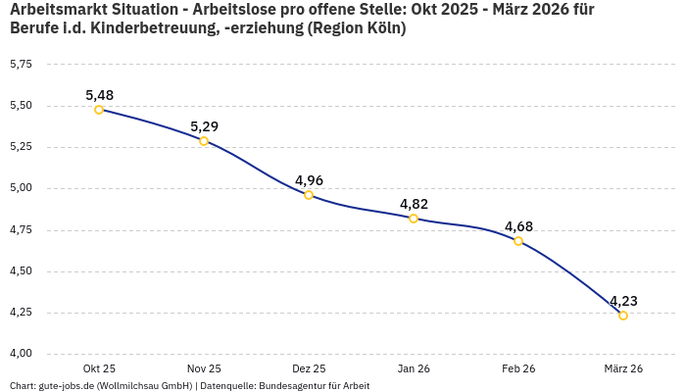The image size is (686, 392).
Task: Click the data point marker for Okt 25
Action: pyautogui.click(x=99, y=110)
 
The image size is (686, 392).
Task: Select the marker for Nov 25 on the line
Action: pyautogui.click(x=204, y=141)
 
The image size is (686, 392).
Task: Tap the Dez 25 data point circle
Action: pyautogui.click(x=309, y=195)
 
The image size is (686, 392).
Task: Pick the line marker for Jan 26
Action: pyautogui.click(x=414, y=219)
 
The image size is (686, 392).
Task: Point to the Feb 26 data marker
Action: pyautogui.click(x=518, y=241)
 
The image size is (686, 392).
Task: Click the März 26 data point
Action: pyautogui.click(x=623, y=316)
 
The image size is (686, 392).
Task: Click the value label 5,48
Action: pyautogui.click(x=99, y=95)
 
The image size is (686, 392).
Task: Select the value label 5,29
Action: pyautogui.click(x=204, y=126)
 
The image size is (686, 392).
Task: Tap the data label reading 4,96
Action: pyautogui.click(x=309, y=180)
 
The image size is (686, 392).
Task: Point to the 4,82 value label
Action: pyautogui.click(x=414, y=204)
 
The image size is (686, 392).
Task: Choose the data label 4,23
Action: pyautogui.click(x=623, y=301)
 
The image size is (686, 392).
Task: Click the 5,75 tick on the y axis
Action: pyautogui.click(x=21, y=64)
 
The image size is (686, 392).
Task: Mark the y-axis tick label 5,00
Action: pyautogui.click(x=21, y=188)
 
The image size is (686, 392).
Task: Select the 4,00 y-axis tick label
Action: pyautogui.click(x=21, y=354)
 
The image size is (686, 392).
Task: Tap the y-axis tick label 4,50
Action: pyautogui.click(x=21, y=271)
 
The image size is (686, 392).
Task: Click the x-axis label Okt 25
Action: pyautogui.click(x=99, y=368)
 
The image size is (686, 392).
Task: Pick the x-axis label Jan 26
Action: pyautogui.click(x=414, y=368)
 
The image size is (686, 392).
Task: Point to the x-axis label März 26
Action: pyautogui.click(x=623, y=368)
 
